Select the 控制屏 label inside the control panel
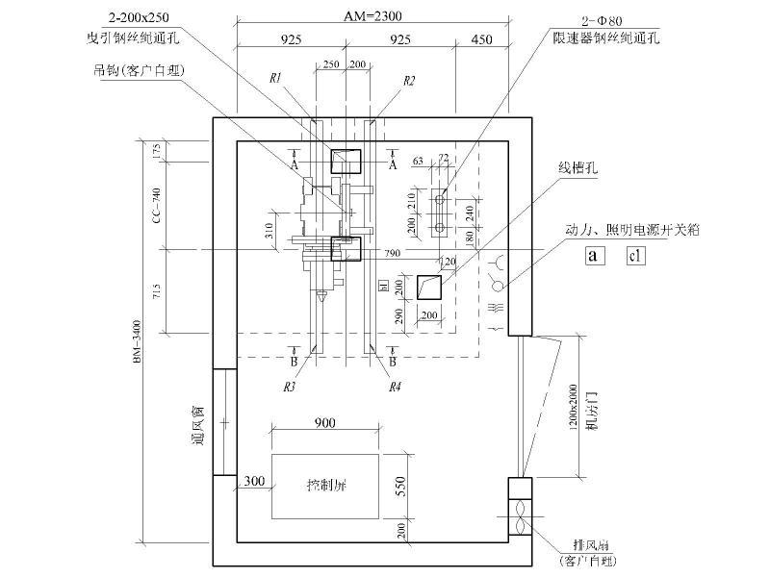[x=325, y=485]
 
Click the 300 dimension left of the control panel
[x=254, y=481]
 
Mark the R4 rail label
[x=395, y=387]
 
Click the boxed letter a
[x=595, y=256]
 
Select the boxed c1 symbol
[x=635, y=256]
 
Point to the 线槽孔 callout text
[x=579, y=166]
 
